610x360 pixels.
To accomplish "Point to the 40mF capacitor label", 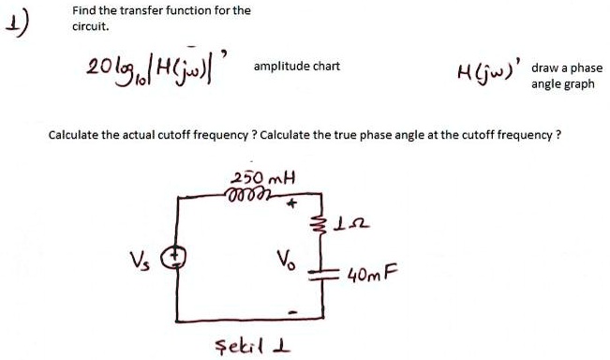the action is tap(372, 276).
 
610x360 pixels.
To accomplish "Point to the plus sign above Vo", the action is tap(291, 202).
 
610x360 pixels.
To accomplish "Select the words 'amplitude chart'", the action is tap(296, 67).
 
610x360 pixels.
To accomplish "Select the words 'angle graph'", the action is tap(563, 83).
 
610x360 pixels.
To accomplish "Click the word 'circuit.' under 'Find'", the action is tap(89, 27).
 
